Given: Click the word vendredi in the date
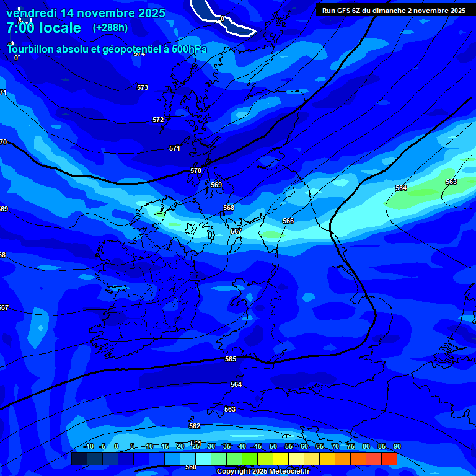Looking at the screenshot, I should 31,13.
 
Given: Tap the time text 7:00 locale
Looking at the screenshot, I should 43,28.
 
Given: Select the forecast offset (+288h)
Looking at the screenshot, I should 111,28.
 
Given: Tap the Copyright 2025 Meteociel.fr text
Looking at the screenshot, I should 263,471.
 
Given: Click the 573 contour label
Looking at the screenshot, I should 143,87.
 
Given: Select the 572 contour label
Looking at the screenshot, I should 158,120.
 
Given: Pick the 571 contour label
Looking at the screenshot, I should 175,148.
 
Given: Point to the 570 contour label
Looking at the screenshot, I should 196,170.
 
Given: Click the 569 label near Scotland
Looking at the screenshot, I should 216,185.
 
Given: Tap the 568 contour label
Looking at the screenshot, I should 229,208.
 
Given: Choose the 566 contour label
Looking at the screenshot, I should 288,221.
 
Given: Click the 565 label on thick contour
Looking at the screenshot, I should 231,359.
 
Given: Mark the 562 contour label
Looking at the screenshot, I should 195,426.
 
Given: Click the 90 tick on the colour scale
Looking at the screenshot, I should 397,446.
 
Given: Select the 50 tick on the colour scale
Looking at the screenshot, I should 273,446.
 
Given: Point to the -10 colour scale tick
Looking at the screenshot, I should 88,446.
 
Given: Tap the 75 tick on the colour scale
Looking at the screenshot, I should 351,446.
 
